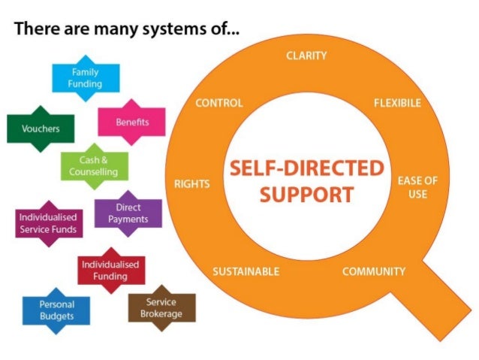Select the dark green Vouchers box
click(x=35, y=129)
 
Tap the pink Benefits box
click(x=131, y=122)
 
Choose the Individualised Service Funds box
click(x=47, y=222)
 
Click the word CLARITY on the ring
click(x=306, y=56)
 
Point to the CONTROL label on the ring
click(x=218, y=103)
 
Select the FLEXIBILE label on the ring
click(x=397, y=103)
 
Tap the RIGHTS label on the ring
click(x=191, y=183)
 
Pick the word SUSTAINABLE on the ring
click(x=246, y=271)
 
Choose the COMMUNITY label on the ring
click(x=373, y=271)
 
